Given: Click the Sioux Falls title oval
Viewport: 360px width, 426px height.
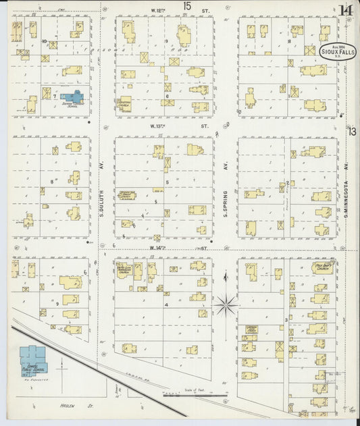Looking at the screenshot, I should tap(329, 52).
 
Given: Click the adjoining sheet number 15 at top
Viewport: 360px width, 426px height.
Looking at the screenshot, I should tap(186, 6).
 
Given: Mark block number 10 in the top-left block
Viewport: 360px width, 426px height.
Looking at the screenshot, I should tap(44, 41).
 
